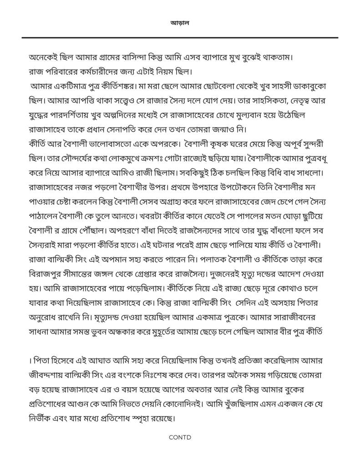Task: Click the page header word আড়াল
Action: [x=179, y=22]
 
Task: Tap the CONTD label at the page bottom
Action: [x=180, y=437]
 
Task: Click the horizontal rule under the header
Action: [x=180, y=37]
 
